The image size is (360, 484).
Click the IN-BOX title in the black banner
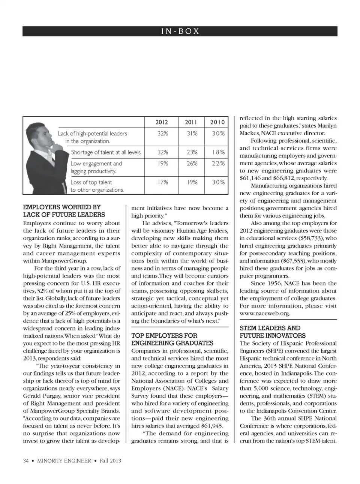coord(180,31)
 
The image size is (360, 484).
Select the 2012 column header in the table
coord(162,122)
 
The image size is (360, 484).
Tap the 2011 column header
coord(191,122)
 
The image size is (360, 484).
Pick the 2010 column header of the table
coord(217,122)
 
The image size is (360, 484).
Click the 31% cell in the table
coord(192,133)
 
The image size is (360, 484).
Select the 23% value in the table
coord(192,152)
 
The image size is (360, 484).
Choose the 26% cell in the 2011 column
coord(192,163)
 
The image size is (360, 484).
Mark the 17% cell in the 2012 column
coord(163,182)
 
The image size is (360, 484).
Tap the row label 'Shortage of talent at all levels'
coord(106,152)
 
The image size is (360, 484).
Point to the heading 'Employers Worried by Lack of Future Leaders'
coord(64,211)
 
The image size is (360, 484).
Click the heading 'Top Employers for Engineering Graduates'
coord(172,339)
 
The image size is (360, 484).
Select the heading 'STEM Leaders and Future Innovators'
coord(273,332)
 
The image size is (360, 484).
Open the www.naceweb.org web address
coord(265,313)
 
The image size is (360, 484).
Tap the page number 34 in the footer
coord(26,461)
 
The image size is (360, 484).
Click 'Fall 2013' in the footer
coord(110,461)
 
